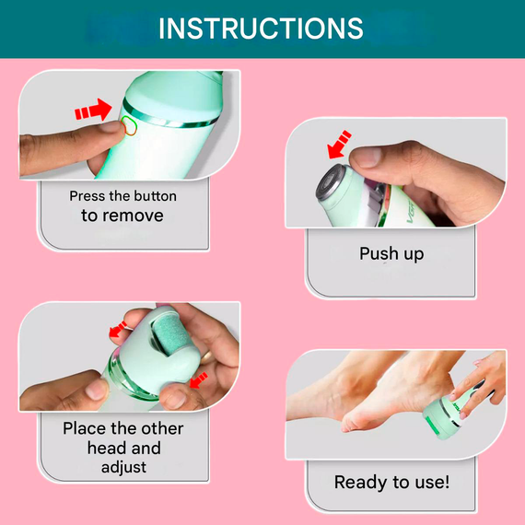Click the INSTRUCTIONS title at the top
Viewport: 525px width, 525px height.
tap(261, 29)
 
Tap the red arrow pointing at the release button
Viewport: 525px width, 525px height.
tap(93, 110)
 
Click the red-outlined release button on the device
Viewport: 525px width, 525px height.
tap(129, 125)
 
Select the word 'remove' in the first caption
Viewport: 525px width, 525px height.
tap(133, 216)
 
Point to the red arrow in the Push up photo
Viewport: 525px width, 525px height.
tap(339, 145)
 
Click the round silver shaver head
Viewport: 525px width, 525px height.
tap(331, 182)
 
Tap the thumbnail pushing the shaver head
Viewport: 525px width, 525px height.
tap(366, 157)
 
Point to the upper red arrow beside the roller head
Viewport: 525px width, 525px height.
tap(118, 330)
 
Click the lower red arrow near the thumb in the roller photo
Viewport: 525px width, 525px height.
tap(199, 380)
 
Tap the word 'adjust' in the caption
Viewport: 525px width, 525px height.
tap(124, 468)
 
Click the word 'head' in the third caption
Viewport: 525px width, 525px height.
tap(107, 448)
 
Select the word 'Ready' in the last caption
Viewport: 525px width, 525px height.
tap(362, 483)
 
